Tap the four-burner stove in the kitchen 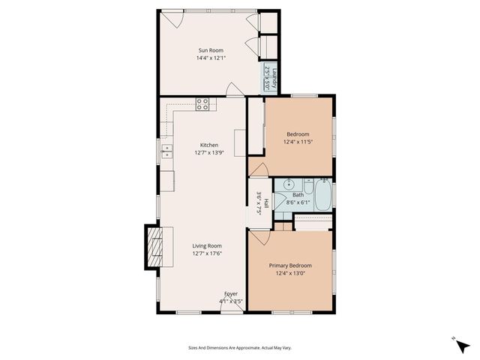[x=202, y=104]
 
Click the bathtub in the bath [x=323, y=195]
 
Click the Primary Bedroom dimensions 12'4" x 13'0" [x=290, y=273]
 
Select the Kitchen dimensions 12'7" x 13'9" [x=208, y=153]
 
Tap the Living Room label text [x=207, y=245]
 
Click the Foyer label [x=230, y=293]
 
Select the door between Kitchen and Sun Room [x=235, y=91]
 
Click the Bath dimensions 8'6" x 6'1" [x=298, y=202]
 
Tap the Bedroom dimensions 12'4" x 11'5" [x=298, y=141]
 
